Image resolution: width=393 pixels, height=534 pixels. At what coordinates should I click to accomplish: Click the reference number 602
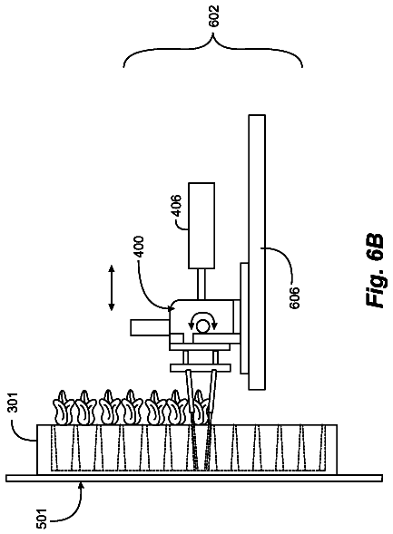(x=213, y=15)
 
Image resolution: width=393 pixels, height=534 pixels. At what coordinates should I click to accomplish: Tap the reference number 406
(x=177, y=205)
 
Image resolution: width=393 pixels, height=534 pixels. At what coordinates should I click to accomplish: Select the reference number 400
(x=139, y=248)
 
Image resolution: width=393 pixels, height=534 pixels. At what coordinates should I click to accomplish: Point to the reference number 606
(x=294, y=297)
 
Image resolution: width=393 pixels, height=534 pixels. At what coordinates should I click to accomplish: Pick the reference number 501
(x=41, y=519)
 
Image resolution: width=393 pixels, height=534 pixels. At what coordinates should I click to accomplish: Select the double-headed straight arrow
(x=112, y=288)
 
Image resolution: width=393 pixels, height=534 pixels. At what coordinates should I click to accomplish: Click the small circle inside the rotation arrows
(x=201, y=326)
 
